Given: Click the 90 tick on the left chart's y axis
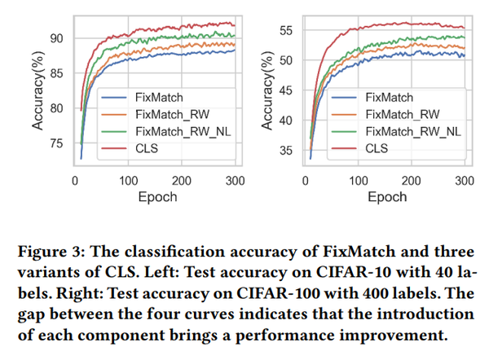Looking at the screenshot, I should coord(56,37).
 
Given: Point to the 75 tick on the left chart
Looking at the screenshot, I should coord(56,143).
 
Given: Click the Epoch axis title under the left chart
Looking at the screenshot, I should coord(154,196).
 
